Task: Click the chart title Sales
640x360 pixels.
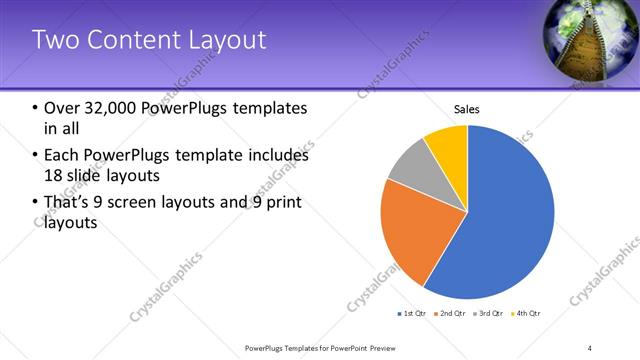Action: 467,108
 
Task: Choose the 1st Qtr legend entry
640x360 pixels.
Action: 412,313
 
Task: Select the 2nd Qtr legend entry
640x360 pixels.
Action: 451,313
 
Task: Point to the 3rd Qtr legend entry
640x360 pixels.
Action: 489,313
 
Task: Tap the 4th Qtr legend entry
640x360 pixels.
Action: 526,313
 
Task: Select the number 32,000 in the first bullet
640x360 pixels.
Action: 111,108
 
